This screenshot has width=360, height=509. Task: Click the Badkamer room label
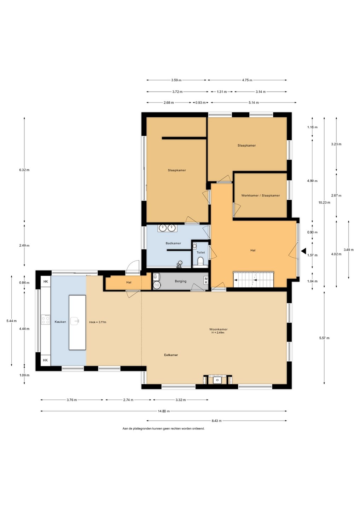pyautogui.click(x=173, y=243)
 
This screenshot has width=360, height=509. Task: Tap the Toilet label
pyautogui.click(x=201, y=252)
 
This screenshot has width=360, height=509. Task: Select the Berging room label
pyautogui.click(x=180, y=281)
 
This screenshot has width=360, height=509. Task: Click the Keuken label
pyautogui.click(x=60, y=322)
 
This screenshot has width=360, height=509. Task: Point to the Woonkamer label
pyautogui.click(x=218, y=329)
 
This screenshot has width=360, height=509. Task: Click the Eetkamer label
pyautogui.click(x=171, y=355)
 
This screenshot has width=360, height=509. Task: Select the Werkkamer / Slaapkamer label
pyautogui.click(x=261, y=195)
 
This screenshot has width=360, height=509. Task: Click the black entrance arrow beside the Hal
pyautogui.click(x=304, y=251)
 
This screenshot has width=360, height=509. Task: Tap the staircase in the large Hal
pyautogui.click(x=254, y=279)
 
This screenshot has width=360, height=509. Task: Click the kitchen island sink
pyautogui.click(x=74, y=321)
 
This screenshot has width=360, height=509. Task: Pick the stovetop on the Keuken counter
pyautogui.click(x=46, y=319)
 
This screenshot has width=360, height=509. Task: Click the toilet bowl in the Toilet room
pyautogui.click(x=201, y=261)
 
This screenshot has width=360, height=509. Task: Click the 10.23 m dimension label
pyautogui.click(x=324, y=202)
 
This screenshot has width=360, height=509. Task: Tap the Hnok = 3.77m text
pyautogui.click(x=98, y=322)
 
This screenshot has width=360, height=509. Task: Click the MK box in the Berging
pyautogui.click(x=206, y=280)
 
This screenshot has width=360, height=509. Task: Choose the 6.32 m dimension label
pyautogui.click(x=24, y=170)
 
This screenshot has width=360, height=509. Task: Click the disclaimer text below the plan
pyautogui.click(x=163, y=428)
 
